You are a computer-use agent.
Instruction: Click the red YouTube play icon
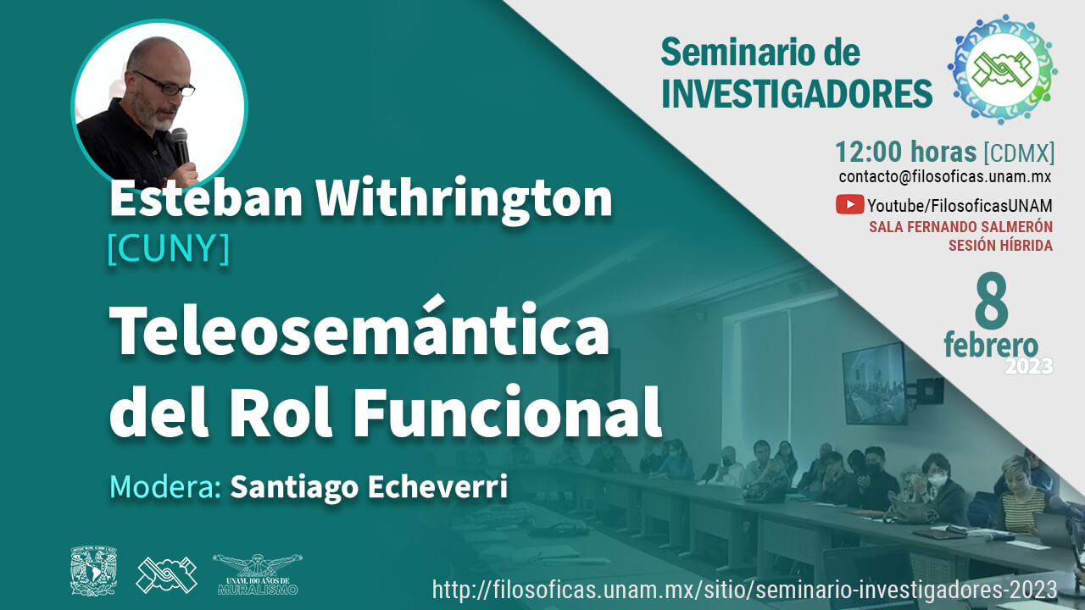coord(849,204)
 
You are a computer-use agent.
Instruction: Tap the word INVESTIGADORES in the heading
coord(797,94)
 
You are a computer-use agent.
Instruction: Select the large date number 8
coord(992,301)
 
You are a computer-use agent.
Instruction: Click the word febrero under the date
coord(991,345)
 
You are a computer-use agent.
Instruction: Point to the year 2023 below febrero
coord(1029,367)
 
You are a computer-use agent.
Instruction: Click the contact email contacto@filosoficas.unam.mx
coord(945,177)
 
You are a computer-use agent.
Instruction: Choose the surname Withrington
coord(464,198)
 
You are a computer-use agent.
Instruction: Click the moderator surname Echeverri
coord(438,487)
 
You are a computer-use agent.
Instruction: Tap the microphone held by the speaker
coord(181,145)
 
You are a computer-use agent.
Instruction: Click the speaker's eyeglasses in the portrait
coord(165,84)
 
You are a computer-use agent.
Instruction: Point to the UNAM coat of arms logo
coord(93,571)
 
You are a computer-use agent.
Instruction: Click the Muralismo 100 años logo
coord(258,574)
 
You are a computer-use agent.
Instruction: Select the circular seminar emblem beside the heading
coord(1003,69)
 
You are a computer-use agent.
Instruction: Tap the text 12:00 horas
coord(905,152)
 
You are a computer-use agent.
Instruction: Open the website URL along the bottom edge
coord(744,590)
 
